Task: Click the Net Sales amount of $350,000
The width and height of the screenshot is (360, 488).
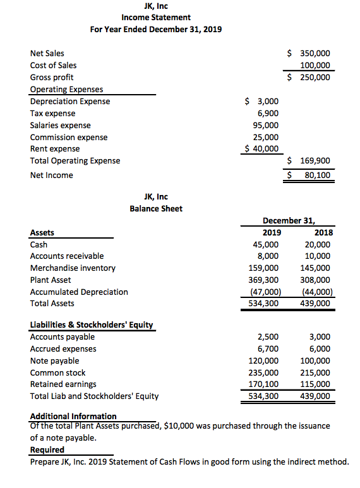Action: click(309, 54)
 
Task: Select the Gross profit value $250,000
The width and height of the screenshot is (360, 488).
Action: click(309, 77)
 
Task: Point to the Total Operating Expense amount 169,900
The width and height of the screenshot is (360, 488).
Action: click(309, 161)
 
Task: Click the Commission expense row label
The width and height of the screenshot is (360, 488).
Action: click(69, 137)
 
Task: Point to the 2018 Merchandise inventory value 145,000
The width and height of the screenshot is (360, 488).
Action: click(317, 268)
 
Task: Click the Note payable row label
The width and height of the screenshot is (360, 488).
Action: click(55, 360)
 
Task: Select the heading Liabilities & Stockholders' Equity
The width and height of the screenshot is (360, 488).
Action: click(92, 325)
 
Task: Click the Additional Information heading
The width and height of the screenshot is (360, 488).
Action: click(73, 416)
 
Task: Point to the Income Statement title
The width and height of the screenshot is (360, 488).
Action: click(156, 17)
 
